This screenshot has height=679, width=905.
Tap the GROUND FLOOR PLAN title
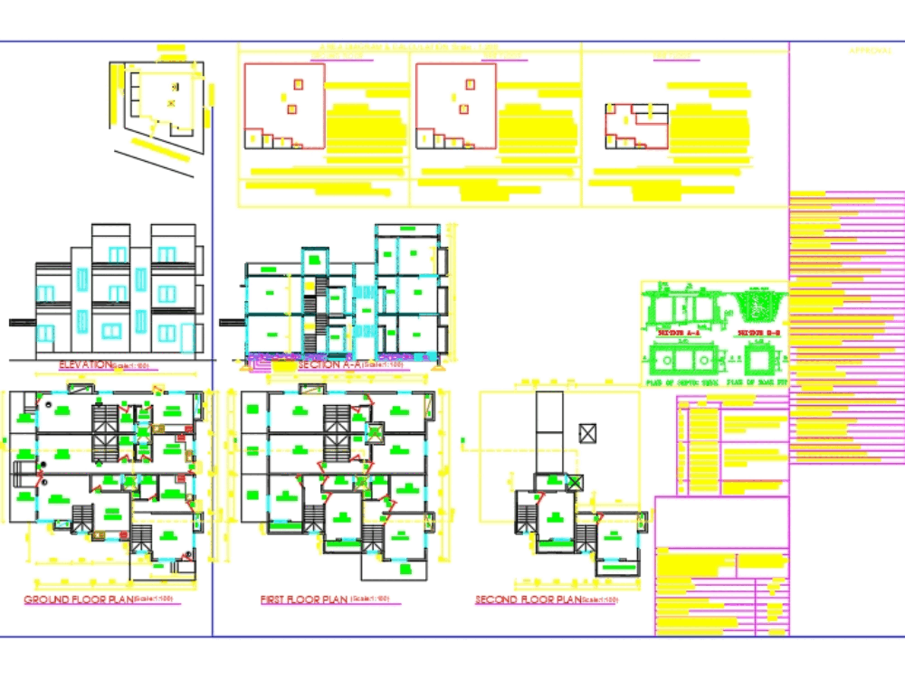(78, 599)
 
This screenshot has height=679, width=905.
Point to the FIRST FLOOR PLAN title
(303, 599)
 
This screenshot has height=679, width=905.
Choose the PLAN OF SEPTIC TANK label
(678, 382)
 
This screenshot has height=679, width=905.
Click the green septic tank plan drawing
(679, 359)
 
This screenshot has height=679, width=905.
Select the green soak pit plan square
(761, 359)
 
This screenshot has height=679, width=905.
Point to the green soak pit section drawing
(761, 307)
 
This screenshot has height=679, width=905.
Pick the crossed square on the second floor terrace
(587, 433)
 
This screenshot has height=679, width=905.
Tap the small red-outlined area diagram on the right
(636, 125)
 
